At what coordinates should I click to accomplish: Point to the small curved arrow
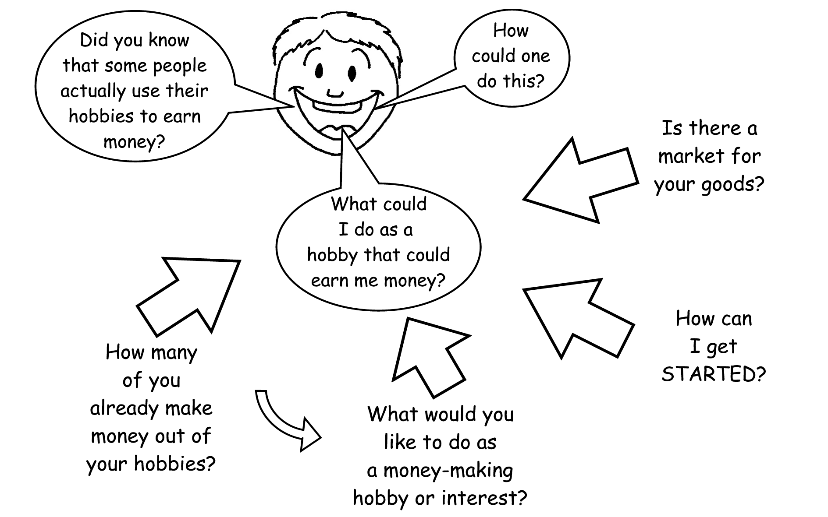pyautogui.click(x=285, y=422)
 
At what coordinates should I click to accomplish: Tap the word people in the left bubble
pyautogui.click(x=180, y=66)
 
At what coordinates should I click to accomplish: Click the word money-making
pyautogui.click(x=448, y=471)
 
